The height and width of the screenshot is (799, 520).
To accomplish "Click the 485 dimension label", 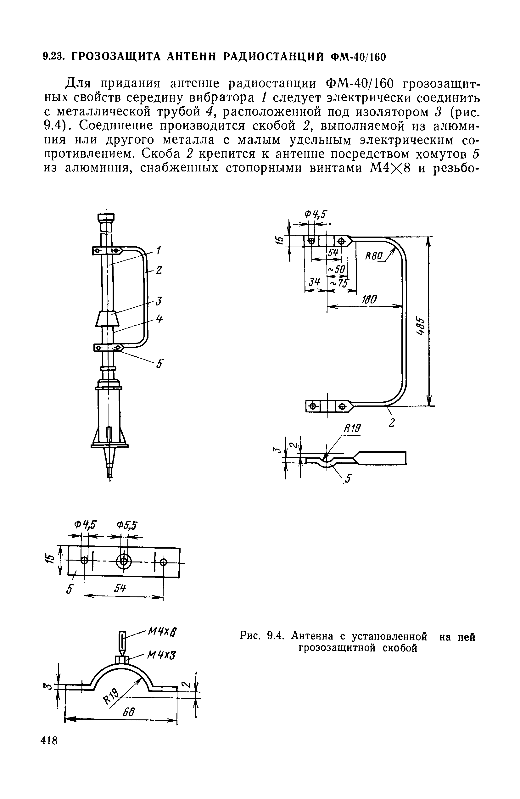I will point(420,326).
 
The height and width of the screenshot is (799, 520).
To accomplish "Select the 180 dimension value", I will point(369,299).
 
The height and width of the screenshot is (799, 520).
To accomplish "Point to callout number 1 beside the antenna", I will point(159,250).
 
